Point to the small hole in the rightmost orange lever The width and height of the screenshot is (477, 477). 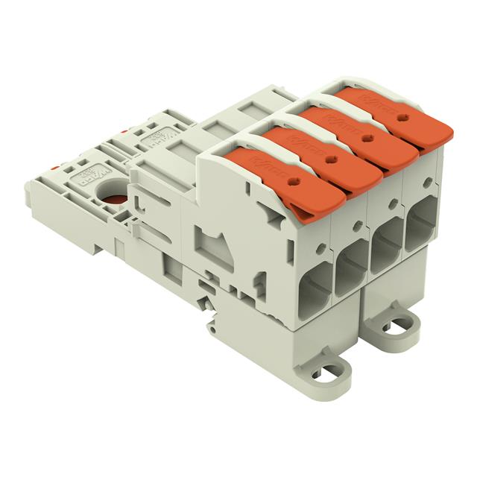pyautogui.click(x=405, y=118)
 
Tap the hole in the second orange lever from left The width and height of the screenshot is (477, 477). pyautogui.click(x=330, y=158)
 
